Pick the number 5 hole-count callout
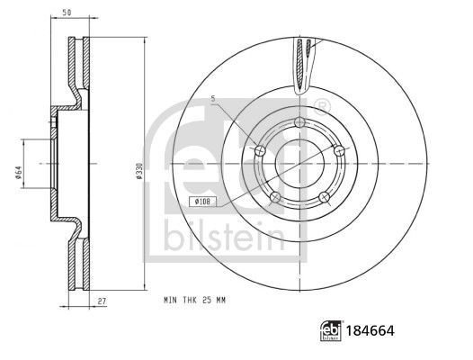(x=213, y=98)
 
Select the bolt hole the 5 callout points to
(x=261, y=149)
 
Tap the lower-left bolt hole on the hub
(x=275, y=197)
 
